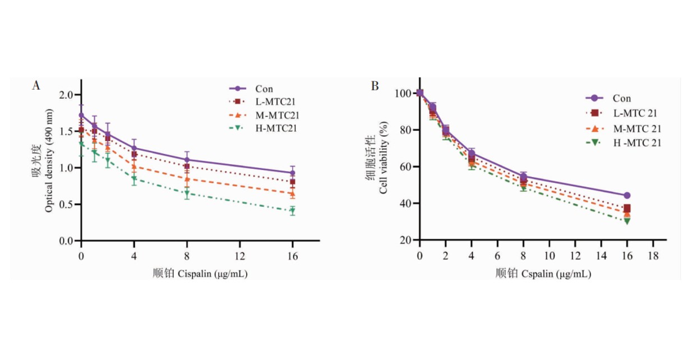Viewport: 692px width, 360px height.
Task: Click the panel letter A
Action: pyautogui.click(x=36, y=86)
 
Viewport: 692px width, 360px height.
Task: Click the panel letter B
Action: pyautogui.click(x=375, y=86)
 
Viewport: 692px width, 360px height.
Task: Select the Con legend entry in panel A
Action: pyautogui.click(x=264, y=89)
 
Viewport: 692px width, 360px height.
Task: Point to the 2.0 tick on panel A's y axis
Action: pyautogui.click(x=67, y=95)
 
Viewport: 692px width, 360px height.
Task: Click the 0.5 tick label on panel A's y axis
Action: pyautogui.click(x=67, y=205)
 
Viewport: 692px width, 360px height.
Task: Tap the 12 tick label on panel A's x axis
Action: pyautogui.click(x=239, y=253)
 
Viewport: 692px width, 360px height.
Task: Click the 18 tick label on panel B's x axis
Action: pyautogui.click(x=653, y=253)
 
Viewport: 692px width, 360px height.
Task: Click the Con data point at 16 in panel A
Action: pyautogui.click(x=292, y=173)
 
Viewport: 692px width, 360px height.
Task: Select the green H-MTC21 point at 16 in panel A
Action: pyautogui.click(x=292, y=211)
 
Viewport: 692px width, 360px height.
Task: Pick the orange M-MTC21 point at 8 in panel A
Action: pyautogui.click(x=187, y=179)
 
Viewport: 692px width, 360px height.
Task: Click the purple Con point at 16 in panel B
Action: pyautogui.click(x=627, y=195)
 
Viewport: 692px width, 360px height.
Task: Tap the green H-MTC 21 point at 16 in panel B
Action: pyautogui.click(x=627, y=221)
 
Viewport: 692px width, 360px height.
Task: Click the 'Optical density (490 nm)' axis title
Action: pyautogui.click(x=49, y=168)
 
